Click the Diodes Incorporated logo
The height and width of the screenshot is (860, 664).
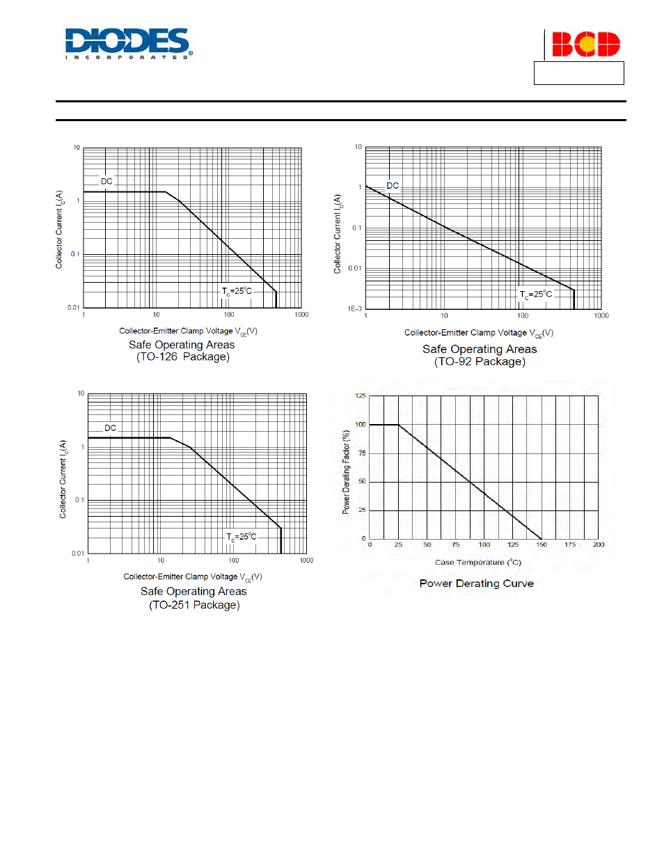click(x=129, y=43)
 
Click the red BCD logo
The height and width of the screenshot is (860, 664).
click(x=585, y=45)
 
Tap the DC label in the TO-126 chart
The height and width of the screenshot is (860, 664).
click(x=106, y=181)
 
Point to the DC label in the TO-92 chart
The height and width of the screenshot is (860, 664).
click(x=393, y=186)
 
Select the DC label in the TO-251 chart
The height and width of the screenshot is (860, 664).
click(x=111, y=428)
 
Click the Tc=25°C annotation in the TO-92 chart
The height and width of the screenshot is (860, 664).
click(x=536, y=295)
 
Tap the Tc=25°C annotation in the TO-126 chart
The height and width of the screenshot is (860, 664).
click(x=237, y=291)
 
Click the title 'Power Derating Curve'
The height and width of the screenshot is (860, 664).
click(x=477, y=584)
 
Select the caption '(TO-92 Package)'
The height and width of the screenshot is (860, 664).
click(x=480, y=361)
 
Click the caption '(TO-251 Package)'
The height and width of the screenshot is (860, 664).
click(x=194, y=605)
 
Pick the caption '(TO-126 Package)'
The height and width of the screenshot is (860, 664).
click(x=183, y=357)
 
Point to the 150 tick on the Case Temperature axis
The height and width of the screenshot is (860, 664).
click(x=542, y=545)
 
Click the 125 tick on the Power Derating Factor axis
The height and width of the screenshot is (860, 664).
click(x=361, y=396)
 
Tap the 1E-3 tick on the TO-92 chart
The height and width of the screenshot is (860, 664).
click(x=354, y=308)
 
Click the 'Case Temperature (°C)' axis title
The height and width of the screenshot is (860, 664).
click(x=478, y=562)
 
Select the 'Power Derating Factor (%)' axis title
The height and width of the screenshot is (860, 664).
click(x=346, y=471)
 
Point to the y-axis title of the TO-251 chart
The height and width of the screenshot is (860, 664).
click(x=63, y=479)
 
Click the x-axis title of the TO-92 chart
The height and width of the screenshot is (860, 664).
click(x=479, y=333)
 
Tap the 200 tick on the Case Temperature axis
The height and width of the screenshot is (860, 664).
click(x=599, y=545)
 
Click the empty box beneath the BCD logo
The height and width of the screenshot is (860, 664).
click(x=578, y=73)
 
